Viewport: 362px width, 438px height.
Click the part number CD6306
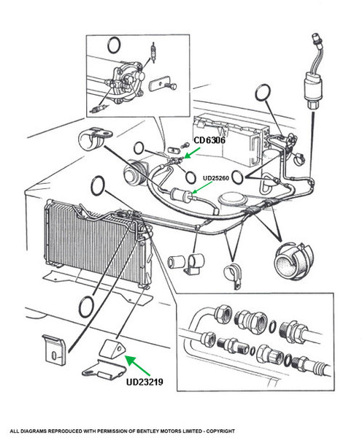209,140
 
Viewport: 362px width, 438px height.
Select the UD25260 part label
216,178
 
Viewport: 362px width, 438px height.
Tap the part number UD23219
145,382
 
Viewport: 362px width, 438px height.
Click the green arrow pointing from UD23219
138,365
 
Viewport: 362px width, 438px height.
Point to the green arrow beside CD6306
193,153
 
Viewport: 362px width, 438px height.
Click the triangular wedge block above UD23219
112,348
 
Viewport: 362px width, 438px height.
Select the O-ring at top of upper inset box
114,45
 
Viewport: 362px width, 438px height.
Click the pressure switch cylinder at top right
313,89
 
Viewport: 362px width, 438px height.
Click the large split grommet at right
293,261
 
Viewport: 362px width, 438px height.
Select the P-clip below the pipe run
232,275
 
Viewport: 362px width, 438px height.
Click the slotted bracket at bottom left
55,350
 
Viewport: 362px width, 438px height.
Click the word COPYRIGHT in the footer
221,431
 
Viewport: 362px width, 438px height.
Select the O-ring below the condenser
86,307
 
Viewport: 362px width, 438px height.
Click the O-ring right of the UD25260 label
237,177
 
